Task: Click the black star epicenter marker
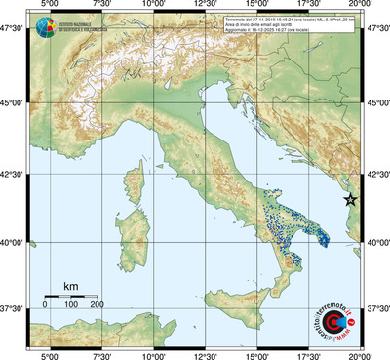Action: pos(352,199)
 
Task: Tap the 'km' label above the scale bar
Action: pos(70,286)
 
